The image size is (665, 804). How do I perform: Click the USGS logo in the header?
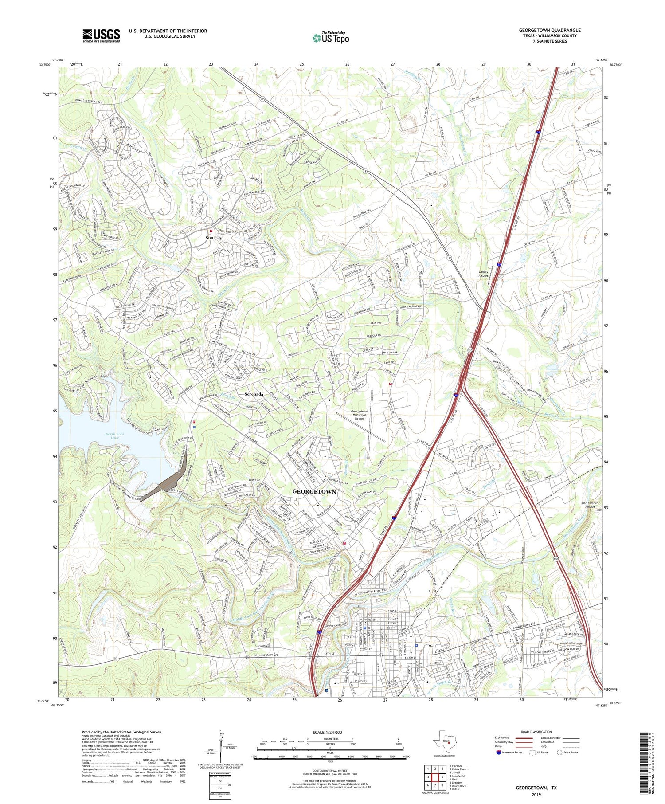pyautogui.click(x=101, y=35)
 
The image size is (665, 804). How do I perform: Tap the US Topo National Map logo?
pyautogui.click(x=330, y=38)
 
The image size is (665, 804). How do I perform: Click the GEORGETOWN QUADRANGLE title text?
pyautogui.click(x=550, y=30)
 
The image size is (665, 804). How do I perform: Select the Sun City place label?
pyautogui.click(x=214, y=238)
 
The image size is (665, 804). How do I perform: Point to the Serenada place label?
pyautogui.click(x=254, y=394)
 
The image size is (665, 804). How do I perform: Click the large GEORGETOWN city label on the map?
pyautogui.click(x=314, y=492)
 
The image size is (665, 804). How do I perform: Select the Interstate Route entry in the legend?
pyautogui.click(x=510, y=753)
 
